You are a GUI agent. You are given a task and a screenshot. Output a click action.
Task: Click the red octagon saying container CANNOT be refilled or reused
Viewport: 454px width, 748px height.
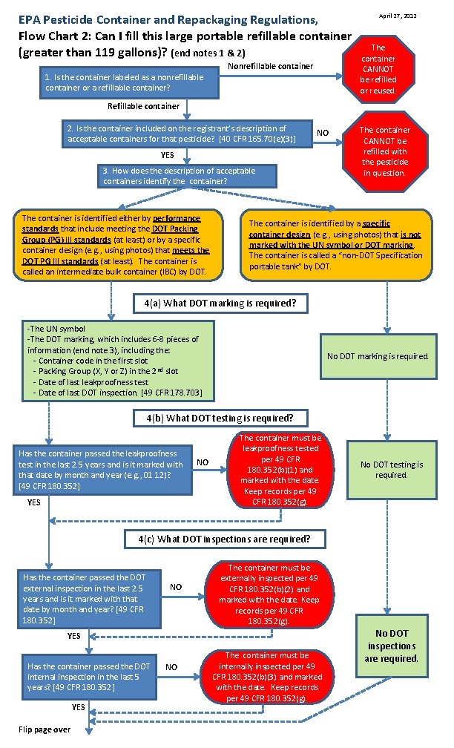378,69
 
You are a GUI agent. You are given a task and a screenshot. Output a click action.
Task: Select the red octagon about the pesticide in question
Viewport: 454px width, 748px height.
384,151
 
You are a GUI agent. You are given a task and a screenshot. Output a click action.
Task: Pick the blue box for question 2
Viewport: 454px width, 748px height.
182,134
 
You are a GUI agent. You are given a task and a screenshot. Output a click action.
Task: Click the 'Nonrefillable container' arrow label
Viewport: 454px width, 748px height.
270,67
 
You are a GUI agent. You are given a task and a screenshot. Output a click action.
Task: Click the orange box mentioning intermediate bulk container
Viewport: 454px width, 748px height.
116,245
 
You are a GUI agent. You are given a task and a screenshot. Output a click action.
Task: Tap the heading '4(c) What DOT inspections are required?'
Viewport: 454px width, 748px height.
223,538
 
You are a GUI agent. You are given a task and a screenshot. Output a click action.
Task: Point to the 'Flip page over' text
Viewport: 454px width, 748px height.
45,729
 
